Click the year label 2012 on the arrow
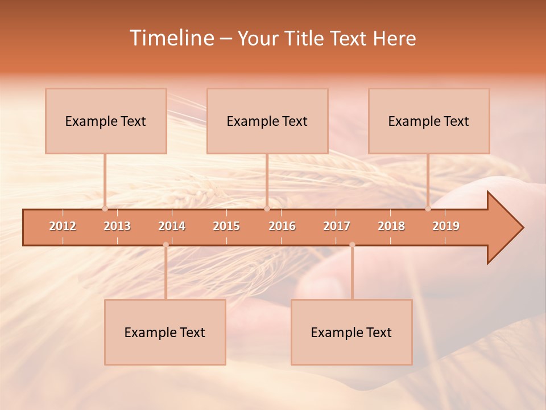tap(63, 226)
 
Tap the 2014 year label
tap(172, 226)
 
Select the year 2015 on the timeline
tap(226, 226)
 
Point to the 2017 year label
tap(337, 226)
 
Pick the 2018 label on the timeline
tap(391, 226)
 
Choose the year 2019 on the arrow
tap(446, 226)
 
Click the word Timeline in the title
tap(171, 38)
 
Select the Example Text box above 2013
tap(106, 121)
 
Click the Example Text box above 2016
tap(267, 121)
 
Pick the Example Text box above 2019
tap(429, 121)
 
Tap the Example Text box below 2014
tap(165, 332)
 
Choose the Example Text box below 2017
tap(351, 332)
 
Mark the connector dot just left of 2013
tap(105, 208)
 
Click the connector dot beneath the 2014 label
tap(166, 244)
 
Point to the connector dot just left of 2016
tap(267, 208)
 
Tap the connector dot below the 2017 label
tap(352, 244)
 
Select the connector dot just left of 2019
tap(428, 208)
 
